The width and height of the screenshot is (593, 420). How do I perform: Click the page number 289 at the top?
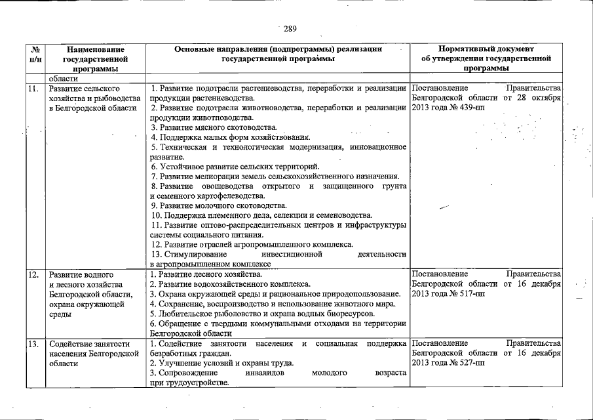pyautogui.click(x=290, y=29)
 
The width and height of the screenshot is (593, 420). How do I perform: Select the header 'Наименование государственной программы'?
pyautogui.click(x=96, y=58)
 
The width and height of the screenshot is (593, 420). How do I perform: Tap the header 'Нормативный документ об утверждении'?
pyautogui.click(x=486, y=58)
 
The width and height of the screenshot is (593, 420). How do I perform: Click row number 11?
pyautogui.click(x=33, y=88)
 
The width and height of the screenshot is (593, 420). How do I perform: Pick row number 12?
pyautogui.click(x=33, y=274)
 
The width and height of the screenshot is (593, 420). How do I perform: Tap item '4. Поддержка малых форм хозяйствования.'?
pyautogui.click(x=229, y=137)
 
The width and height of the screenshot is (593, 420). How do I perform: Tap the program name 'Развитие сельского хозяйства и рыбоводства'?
pyautogui.click(x=92, y=98)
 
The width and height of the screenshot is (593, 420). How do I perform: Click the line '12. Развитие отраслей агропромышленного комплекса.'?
pyautogui.click(x=252, y=244)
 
